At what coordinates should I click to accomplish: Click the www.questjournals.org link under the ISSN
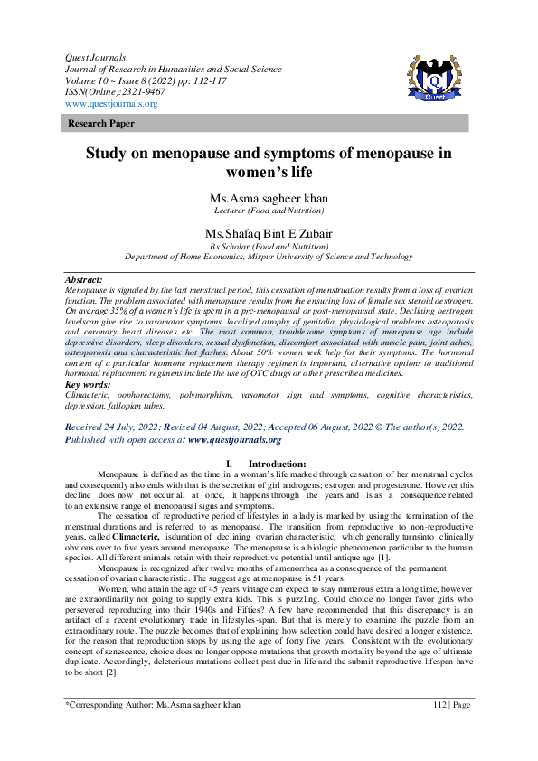111,104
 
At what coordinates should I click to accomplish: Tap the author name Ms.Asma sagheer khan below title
268,198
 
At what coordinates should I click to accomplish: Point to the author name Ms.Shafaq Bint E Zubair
268,233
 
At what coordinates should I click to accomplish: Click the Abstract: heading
84,280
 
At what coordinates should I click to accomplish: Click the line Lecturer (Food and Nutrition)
268,211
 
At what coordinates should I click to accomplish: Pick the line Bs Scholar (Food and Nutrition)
268,246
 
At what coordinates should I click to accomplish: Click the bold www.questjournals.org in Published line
234,440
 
